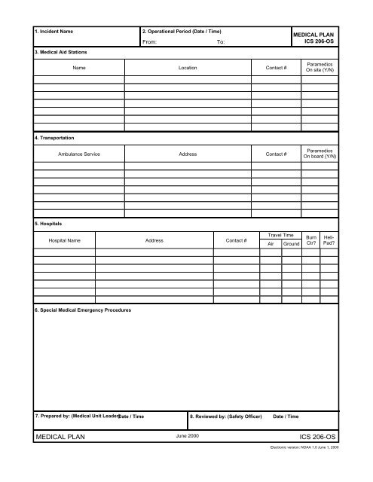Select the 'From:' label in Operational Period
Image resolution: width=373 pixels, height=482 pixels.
(149, 44)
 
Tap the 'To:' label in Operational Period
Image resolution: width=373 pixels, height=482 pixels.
(221, 44)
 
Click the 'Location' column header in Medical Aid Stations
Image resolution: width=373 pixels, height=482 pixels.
(188, 69)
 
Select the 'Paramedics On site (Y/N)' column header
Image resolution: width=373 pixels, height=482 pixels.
(319, 69)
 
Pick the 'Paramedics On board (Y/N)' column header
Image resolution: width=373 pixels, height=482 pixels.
(319, 154)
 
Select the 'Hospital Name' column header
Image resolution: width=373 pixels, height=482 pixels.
(64, 240)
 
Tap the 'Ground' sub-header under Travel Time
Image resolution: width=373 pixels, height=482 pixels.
(291, 245)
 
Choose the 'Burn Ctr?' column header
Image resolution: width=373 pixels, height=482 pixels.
(310, 240)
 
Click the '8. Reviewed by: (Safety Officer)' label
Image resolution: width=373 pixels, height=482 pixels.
(226, 416)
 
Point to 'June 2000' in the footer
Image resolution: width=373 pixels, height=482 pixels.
(187, 437)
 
